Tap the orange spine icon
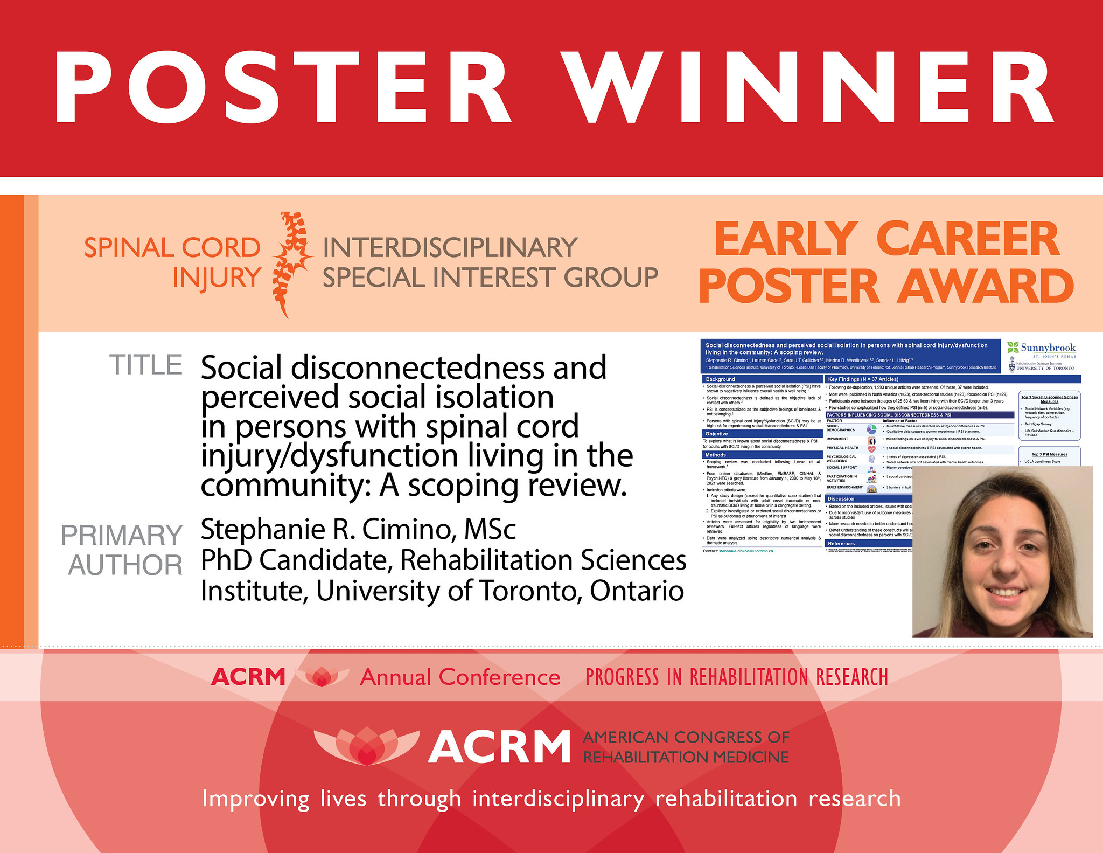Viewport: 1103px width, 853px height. (x=291, y=263)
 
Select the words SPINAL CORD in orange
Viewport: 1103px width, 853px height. (x=172, y=248)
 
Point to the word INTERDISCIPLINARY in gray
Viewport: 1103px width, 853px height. (x=450, y=248)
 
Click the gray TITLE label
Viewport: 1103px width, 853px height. (x=146, y=365)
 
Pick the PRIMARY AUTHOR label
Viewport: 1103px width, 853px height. (x=123, y=550)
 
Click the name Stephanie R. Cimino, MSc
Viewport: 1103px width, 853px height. (x=358, y=529)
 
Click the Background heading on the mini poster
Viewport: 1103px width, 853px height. (x=721, y=379)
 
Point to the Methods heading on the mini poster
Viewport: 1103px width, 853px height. (x=716, y=455)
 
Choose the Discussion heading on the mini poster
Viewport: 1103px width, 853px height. (x=841, y=498)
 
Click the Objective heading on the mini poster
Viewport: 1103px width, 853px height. (x=717, y=434)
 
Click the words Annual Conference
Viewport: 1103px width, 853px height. (x=460, y=677)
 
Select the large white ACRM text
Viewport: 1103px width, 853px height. (x=499, y=747)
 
